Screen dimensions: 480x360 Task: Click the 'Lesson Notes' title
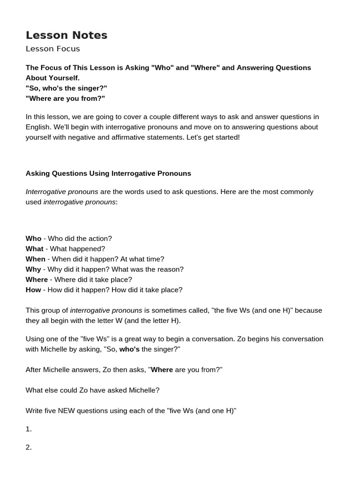67,35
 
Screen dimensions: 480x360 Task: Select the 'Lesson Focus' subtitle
52,49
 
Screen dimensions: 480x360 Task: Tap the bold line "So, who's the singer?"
66,88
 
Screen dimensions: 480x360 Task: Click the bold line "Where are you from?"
65,98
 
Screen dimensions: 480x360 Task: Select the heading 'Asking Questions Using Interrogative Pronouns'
108,173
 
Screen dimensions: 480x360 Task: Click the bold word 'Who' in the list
33,239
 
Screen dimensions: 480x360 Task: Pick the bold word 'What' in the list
34,249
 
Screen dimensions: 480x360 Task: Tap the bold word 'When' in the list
35,259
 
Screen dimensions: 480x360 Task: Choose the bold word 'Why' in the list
33,270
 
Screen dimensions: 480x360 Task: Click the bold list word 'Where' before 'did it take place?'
37,280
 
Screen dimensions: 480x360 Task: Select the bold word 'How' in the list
33,290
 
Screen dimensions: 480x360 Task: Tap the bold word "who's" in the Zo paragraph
129,350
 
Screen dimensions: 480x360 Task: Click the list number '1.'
29,429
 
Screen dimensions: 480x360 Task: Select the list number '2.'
29,447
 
